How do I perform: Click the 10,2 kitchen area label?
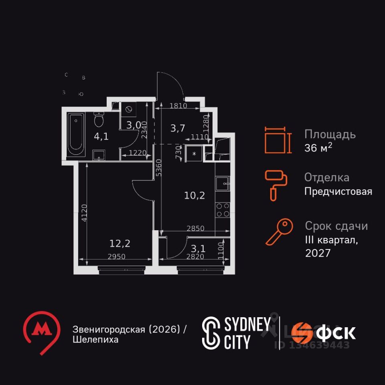pyautogui.click(x=195, y=195)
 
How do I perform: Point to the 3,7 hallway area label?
pyautogui.click(x=178, y=128)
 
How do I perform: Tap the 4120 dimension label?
pyautogui.click(x=83, y=213)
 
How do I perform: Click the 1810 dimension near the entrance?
pyautogui.click(x=178, y=106)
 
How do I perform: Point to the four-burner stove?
pyautogui.click(x=223, y=209)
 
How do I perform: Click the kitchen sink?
pyautogui.click(x=222, y=184)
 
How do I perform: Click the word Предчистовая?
pyautogui.click(x=338, y=192)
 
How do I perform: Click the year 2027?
pyautogui.click(x=318, y=253)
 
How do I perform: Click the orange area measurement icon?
pyautogui.click(x=276, y=140)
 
